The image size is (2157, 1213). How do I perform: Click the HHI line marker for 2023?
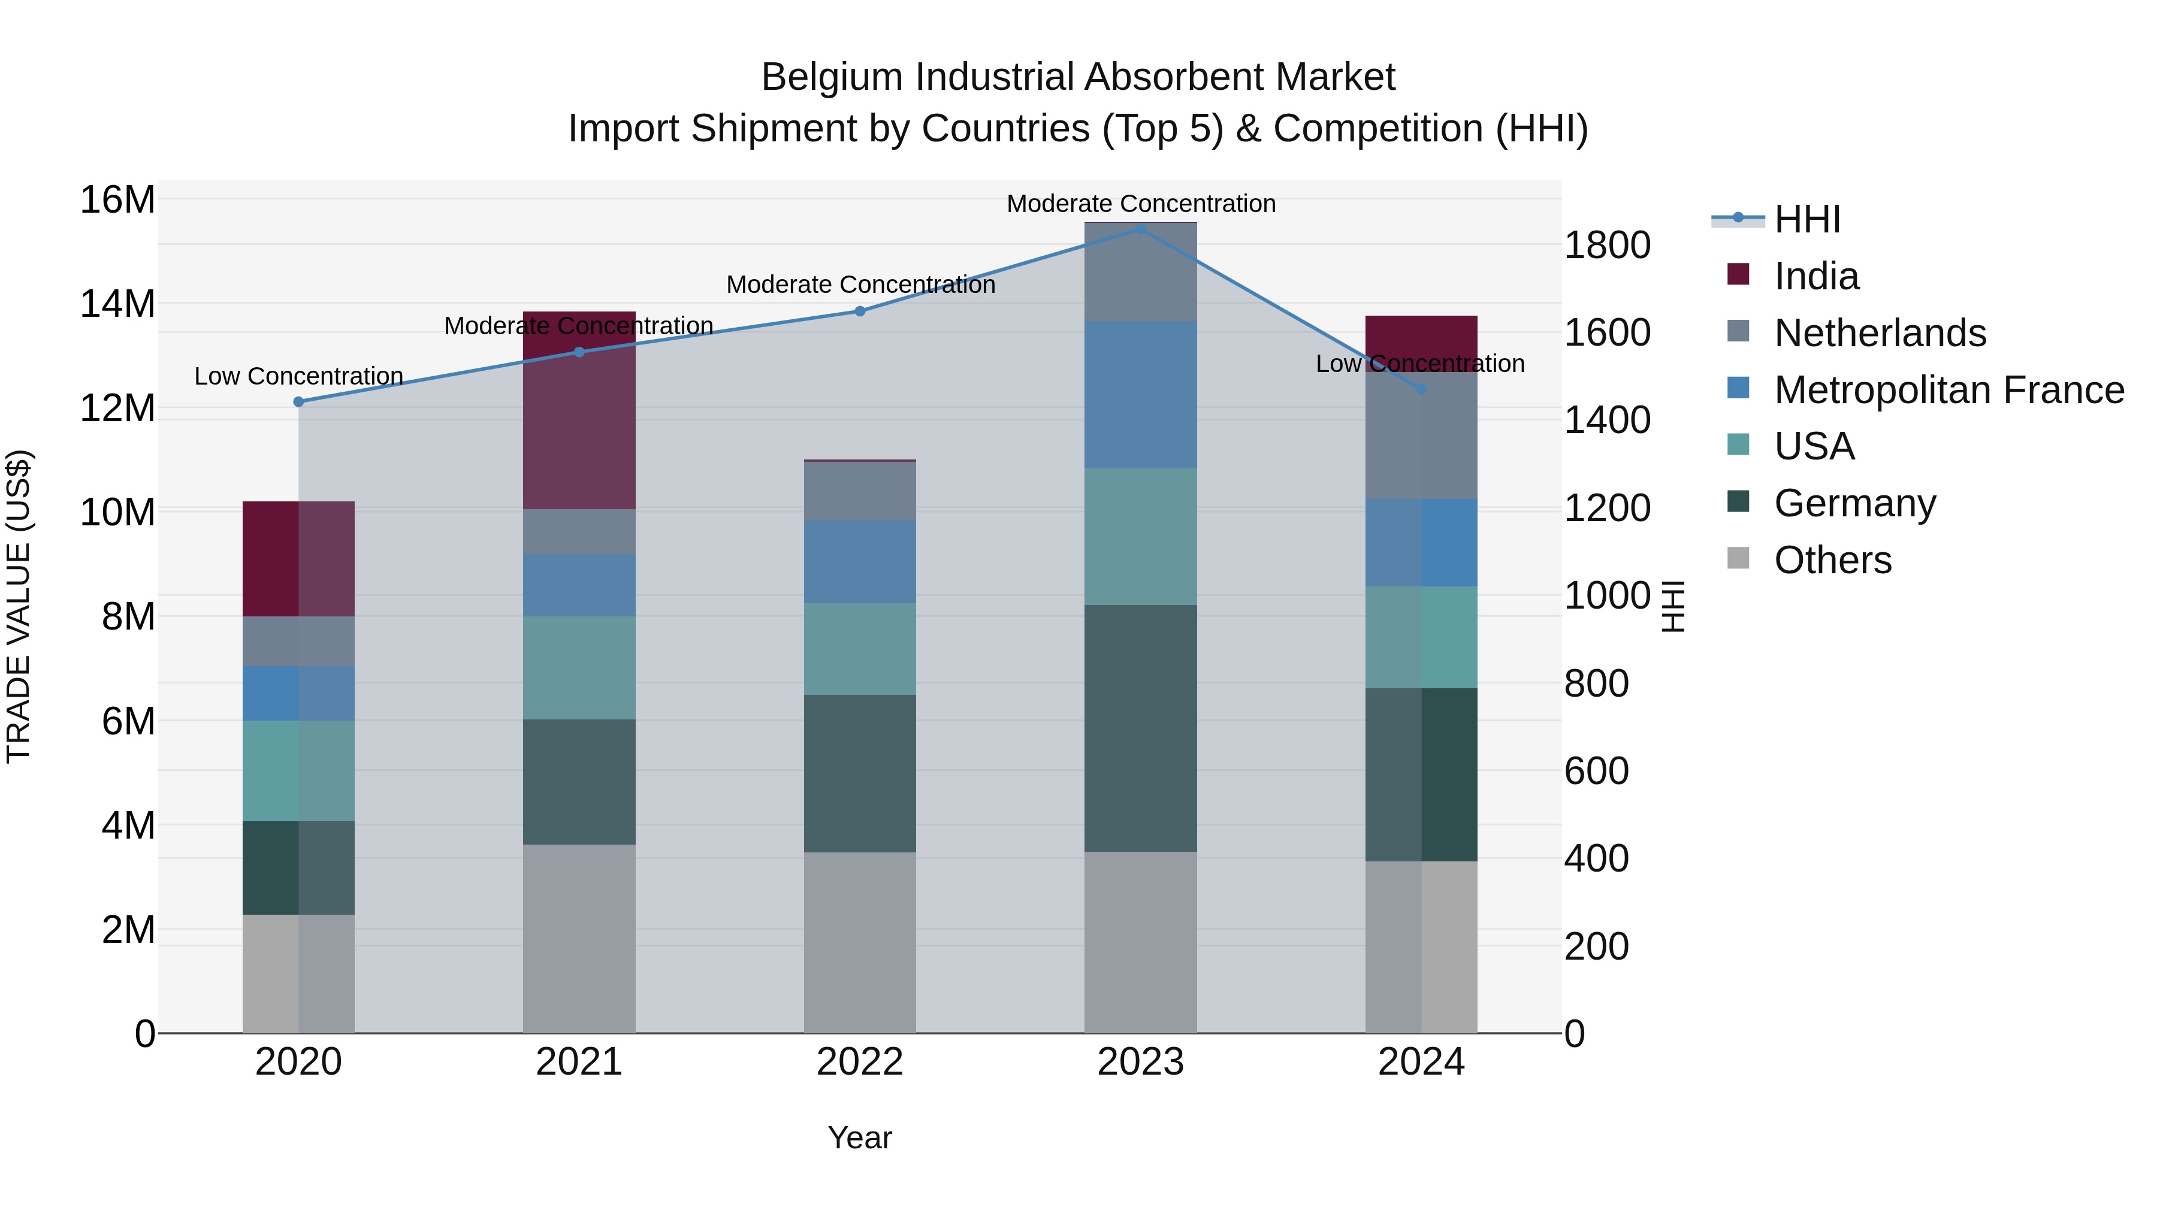(x=1140, y=229)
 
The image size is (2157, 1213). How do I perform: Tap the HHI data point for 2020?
(x=299, y=402)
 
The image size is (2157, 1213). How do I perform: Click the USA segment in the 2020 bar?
(x=299, y=770)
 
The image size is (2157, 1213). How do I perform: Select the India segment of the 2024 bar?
(x=1421, y=335)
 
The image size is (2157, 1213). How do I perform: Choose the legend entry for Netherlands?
(x=1879, y=333)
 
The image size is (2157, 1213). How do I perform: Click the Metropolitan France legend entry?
(x=1948, y=390)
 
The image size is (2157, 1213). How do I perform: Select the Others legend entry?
(x=1832, y=560)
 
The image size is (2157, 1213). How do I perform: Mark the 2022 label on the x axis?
(x=859, y=1062)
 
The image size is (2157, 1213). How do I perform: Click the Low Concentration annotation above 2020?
(x=299, y=377)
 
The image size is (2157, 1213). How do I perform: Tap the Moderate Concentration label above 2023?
(x=1140, y=204)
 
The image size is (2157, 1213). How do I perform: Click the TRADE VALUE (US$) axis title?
(x=19, y=606)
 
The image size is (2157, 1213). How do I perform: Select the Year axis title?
(x=859, y=1138)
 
